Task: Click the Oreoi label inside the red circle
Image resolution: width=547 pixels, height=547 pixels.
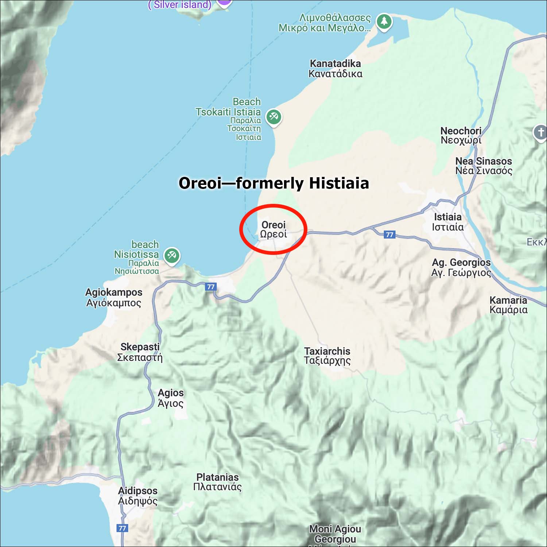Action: pyautogui.click(x=273, y=229)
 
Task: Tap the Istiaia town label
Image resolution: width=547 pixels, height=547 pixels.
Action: pyautogui.click(x=448, y=222)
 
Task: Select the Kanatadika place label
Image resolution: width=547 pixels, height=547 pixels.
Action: pyautogui.click(x=335, y=69)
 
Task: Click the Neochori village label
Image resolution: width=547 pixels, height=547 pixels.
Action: pyautogui.click(x=461, y=135)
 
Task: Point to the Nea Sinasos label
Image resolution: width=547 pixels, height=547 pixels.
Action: pyautogui.click(x=484, y=166)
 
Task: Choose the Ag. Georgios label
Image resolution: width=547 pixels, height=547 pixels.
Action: pyautogui.click(x=461, y=267)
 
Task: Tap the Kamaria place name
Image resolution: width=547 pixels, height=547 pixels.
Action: pyautogui.click(x=508, y=305)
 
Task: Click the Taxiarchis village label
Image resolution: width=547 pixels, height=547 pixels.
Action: pyautogui.click(x=327, y=356)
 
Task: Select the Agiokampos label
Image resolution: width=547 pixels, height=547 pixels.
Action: pyautogui.click(x=114, y=297)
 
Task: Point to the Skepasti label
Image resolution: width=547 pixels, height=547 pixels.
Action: pyautogui.click(x=140, y=352)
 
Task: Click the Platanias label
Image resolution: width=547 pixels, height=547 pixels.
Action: pyautogui.click(x=217, y=482)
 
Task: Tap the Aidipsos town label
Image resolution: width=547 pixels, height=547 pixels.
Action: pyautogui.click(x=138, y=496)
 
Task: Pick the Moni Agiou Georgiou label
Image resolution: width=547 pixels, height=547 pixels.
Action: pyautogui.click(x=335, y=534)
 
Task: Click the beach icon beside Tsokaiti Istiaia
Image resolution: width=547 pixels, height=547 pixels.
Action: pyautogui.click(x=273, y=117)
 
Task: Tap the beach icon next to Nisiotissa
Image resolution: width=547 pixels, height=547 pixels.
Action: pyautogui.click(x=172, y=255)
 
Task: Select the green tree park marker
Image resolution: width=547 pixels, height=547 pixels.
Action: pyautogui.click(x=384, y=21)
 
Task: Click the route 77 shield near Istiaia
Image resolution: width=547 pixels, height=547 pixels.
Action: pyautogui.click(x=389, y=234)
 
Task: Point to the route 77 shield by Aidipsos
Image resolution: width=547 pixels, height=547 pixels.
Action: pyautogui.click(x=122, y=528)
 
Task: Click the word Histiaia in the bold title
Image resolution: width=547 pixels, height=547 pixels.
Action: pyautogui.click(x=339, y=183)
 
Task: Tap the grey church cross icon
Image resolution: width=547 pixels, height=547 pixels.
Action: pyautogui.click(x=541, y=132)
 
